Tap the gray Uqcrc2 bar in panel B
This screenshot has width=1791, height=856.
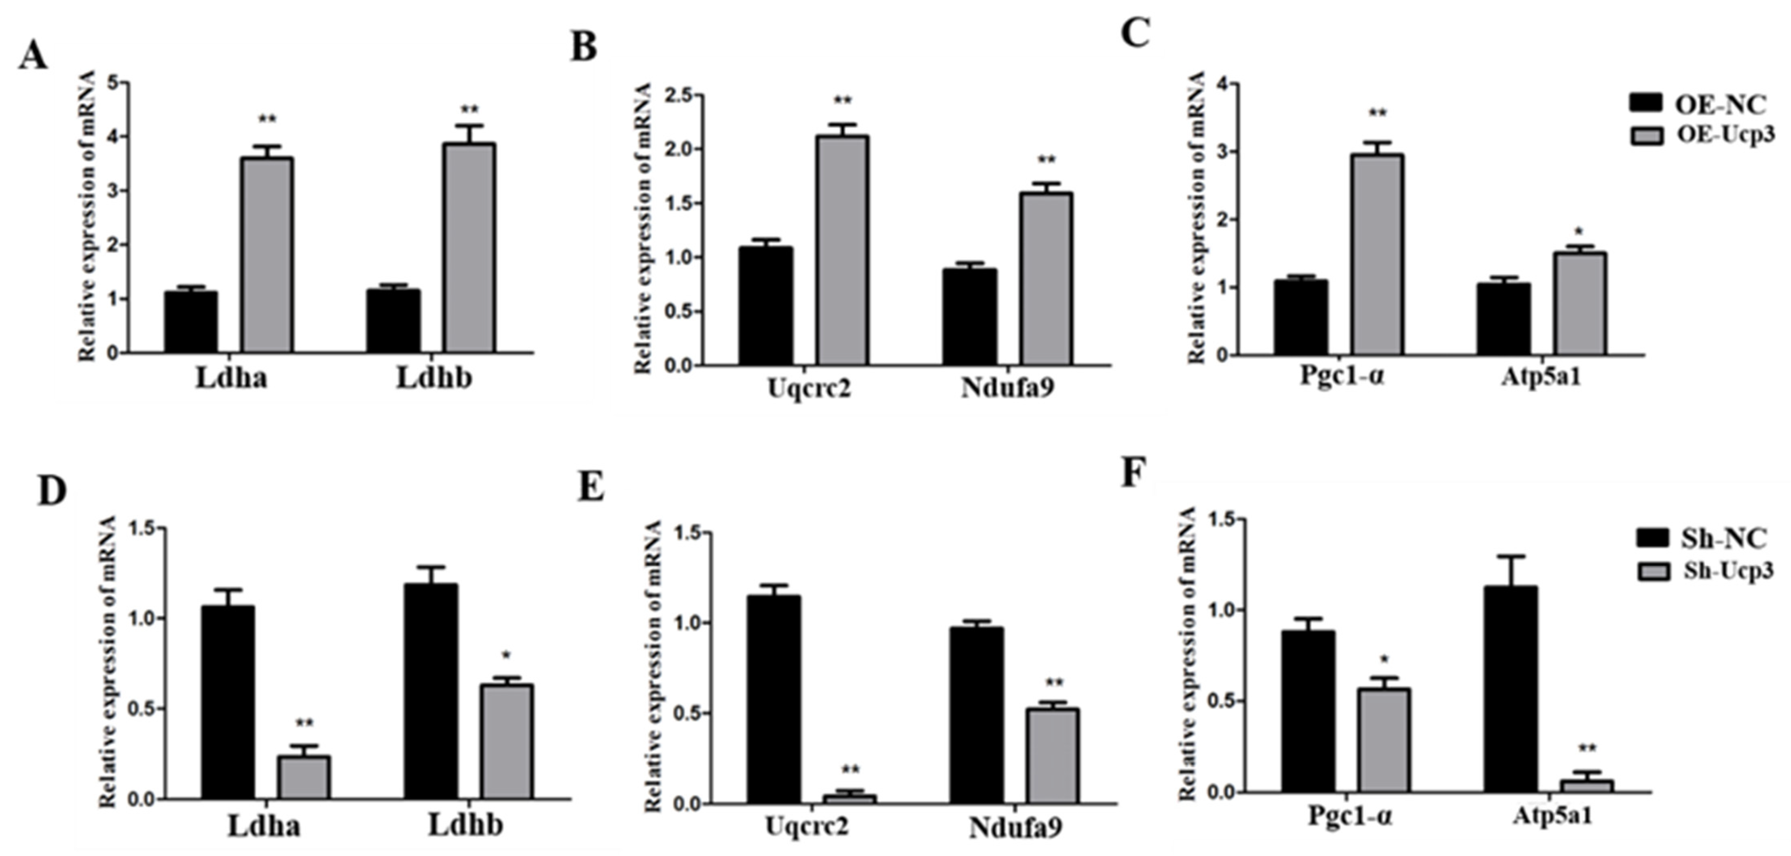point(842,250)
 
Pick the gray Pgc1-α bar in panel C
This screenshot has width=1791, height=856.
point(1377,254)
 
